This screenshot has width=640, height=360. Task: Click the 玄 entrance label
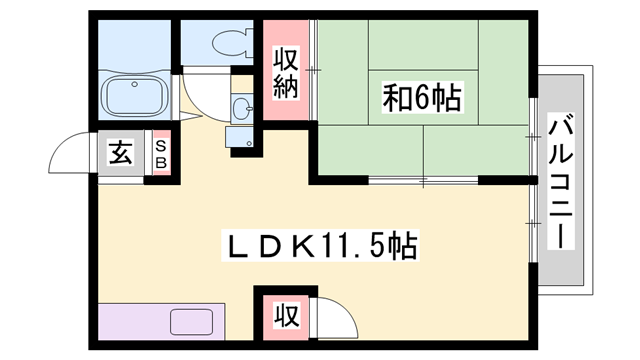pyautogui.click(x=121, y=153)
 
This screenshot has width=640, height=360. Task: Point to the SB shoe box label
pyautogui.click(x=162, y=154)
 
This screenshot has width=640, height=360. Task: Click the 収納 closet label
pyautogui.click(x=286, y=73)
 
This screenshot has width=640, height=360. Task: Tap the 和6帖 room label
pyautogui.click(x=422, y=97)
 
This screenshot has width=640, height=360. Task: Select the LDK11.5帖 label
pyautogui.click(x=320, y=246)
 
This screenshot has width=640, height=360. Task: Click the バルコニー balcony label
pyautogui.click(x=561, y=182)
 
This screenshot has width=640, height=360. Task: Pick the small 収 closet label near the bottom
pyautogui.click(x=287, y=315)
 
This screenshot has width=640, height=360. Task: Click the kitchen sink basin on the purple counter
pyautogui.click(x=191, y=322)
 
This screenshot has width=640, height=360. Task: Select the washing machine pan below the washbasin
pyautogui.click(x=239, y=136)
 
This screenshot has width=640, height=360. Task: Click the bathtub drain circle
pyautogui.click(x=134, y=84)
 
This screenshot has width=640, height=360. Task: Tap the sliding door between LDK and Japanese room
pyautogui.click(x=423, y=180)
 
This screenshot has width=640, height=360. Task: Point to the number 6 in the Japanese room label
pyautogui.click(x=422, y=98)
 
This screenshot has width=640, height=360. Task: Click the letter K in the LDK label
pyautogui.click(x=304, y=246)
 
